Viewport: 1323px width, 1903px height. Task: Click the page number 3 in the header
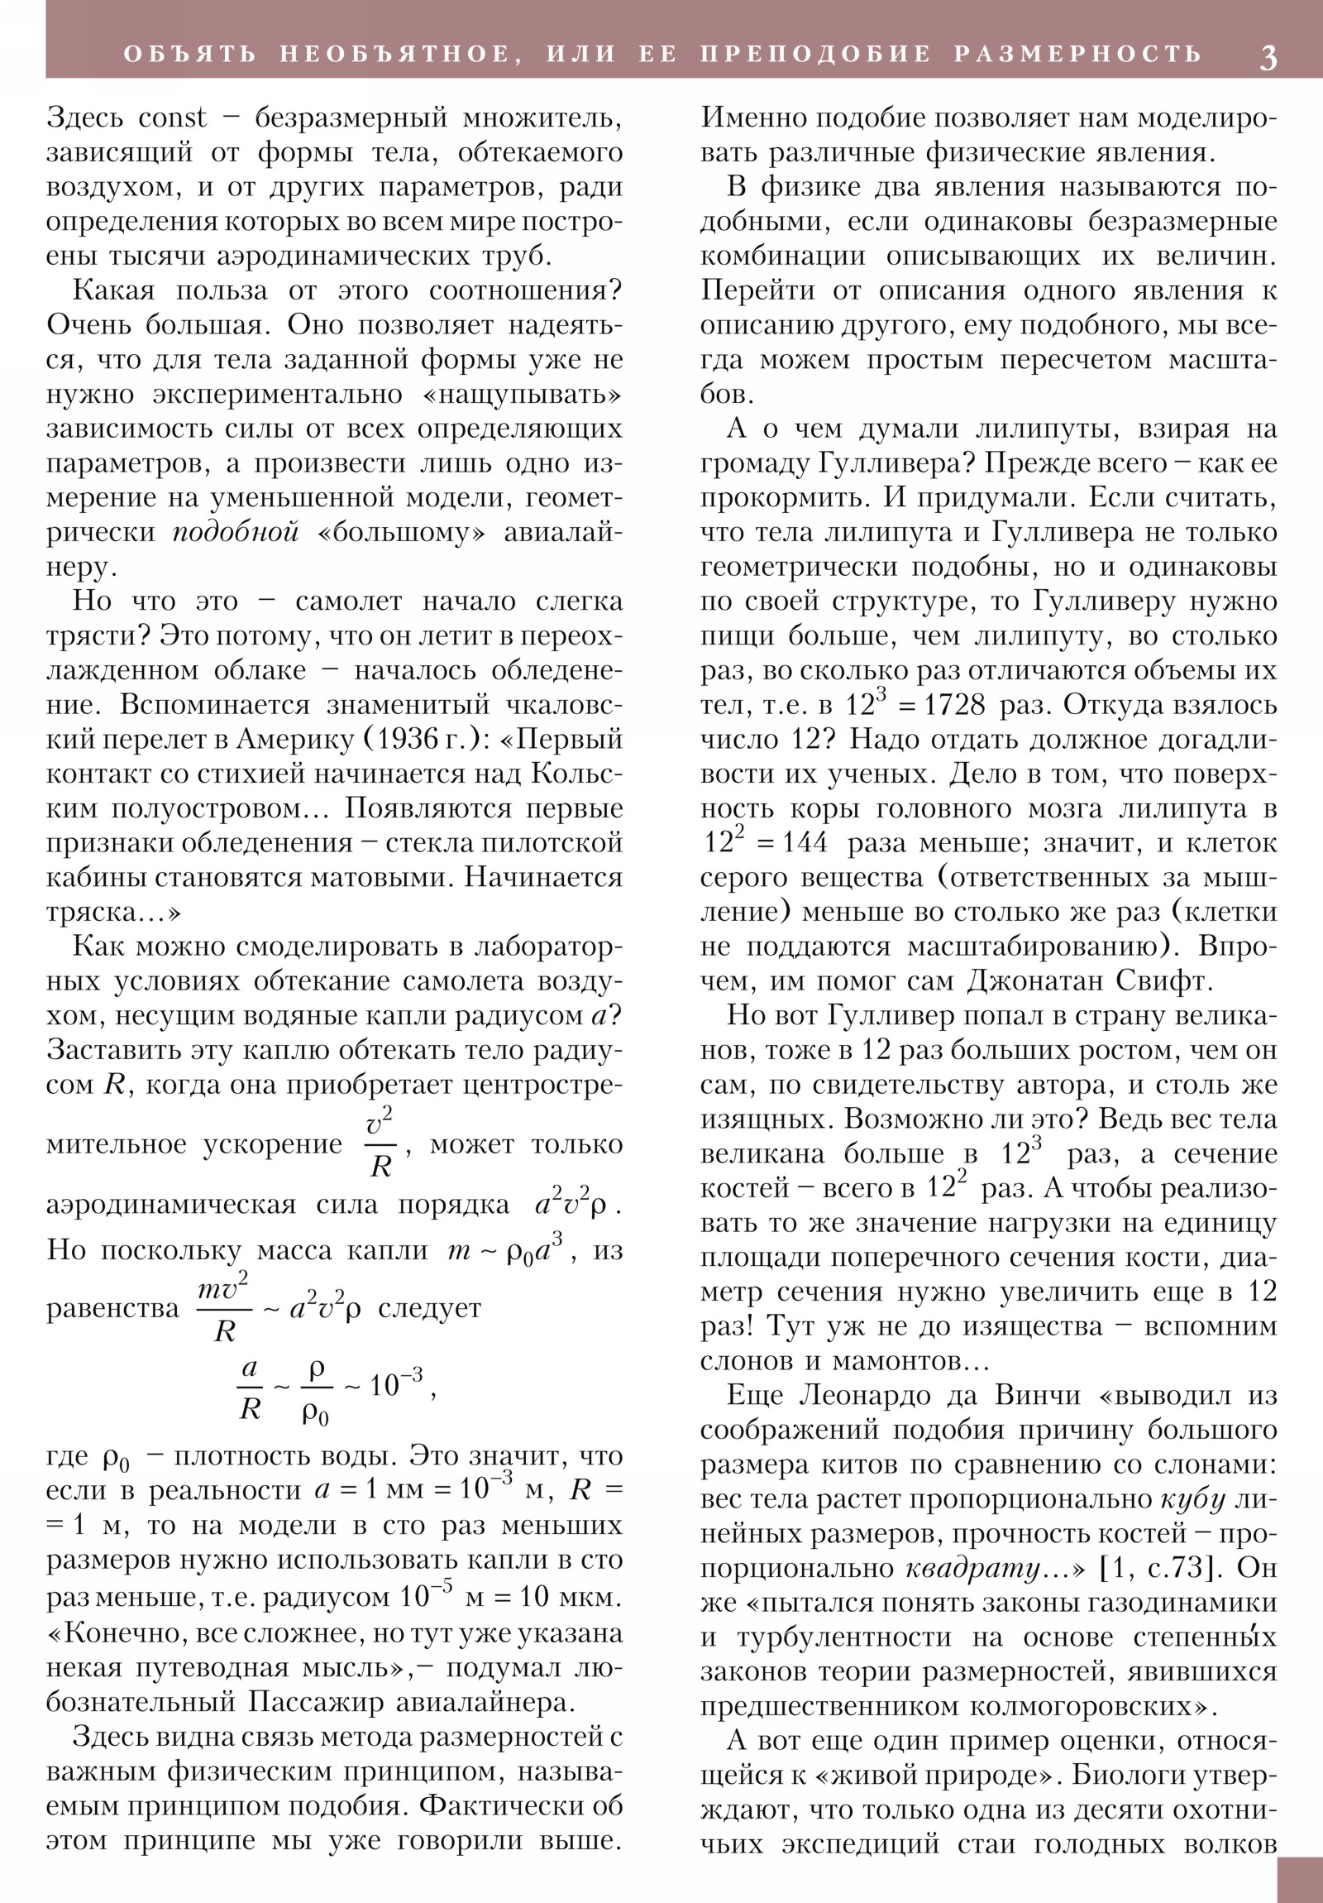[1268, 56]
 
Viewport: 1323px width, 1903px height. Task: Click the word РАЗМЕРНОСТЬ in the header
[1077, 55]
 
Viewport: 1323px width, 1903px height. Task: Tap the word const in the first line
[172, 117]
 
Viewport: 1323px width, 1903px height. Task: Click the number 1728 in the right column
[954, 705]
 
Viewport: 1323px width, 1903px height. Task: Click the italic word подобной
[236, 532]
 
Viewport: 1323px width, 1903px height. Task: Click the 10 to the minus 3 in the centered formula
[396, 1384]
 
